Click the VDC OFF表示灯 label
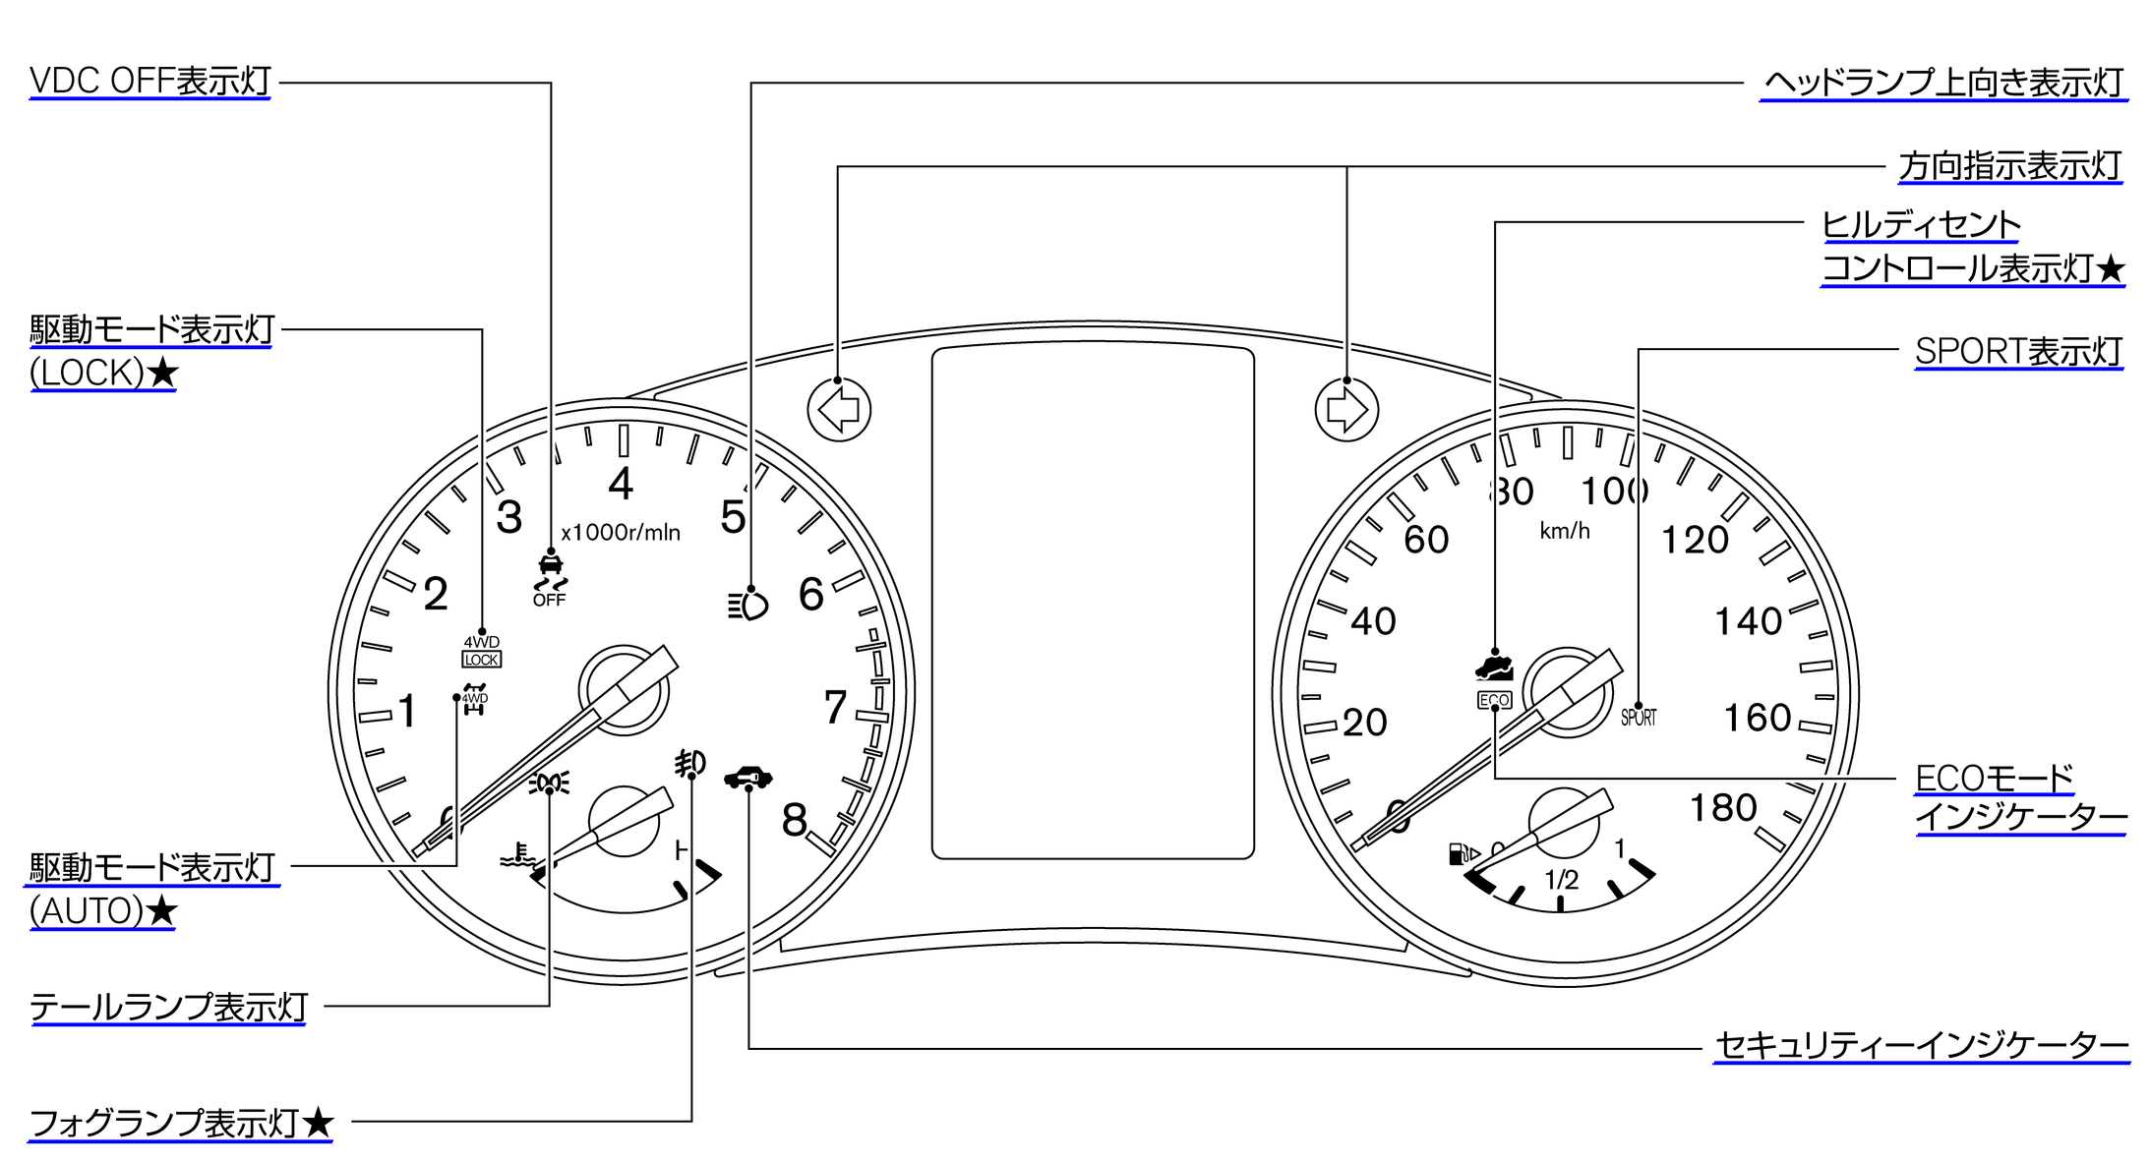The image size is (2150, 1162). click(x=150, y=82)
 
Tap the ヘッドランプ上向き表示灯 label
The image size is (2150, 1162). click(x=1943, y=83)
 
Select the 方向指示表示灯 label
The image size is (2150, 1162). click(x=2009, y=166)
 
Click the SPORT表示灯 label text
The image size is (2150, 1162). click(x=2018, y=351)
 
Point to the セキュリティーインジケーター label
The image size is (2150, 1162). click(x=1921, y=1046)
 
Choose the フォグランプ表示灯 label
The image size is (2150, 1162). click(x=181, y=1123)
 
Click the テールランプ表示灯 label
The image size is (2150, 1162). click(x=168, y=1008)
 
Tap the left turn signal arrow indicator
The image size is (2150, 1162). click(x=839, y=409)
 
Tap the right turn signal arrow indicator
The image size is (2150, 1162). click(x=1346, y=409)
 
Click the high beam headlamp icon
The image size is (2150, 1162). click(x=747, y=605)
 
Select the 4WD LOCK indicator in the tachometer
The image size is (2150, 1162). click(x=482, y=651)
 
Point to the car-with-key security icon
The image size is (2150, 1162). click(x=748, y=778)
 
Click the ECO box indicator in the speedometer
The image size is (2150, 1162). click(x=1494, y=700)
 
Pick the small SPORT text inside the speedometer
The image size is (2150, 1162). click(x=1639, y=718)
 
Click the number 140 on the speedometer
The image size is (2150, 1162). click(x=1748, y=621)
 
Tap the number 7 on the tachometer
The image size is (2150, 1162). click(x=835, y=707)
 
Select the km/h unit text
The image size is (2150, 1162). click(x=1564, y=531)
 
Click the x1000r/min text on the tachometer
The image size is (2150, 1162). click(x=621, y=533)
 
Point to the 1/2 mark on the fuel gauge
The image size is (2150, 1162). click(x=1561, y=879)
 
